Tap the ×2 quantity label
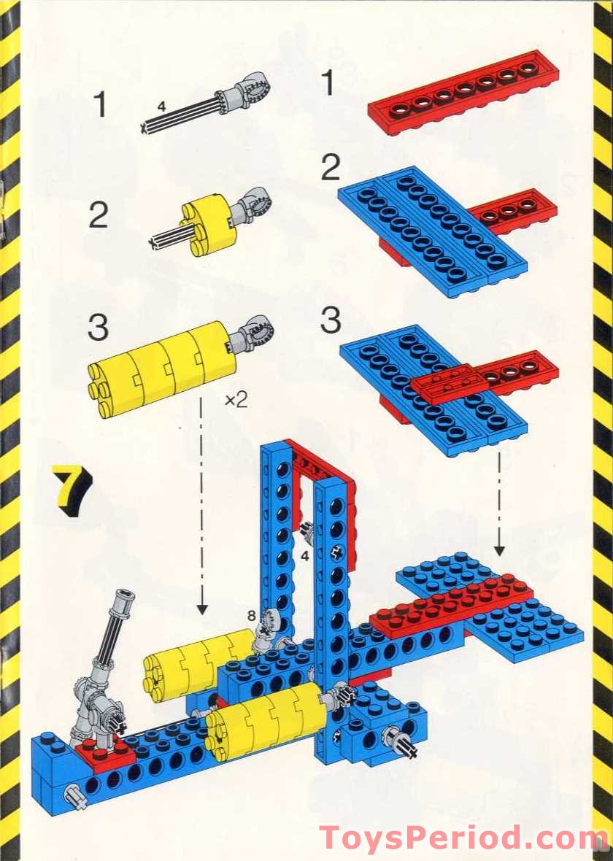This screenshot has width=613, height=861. click(x=236, y=399)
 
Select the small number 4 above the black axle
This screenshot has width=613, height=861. click(x=161, y=107)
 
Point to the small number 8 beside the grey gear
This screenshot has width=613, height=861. click(x=251, y=616)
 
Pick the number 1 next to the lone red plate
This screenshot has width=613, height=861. click(x=328, y=83)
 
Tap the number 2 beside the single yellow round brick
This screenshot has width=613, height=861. click(x=98, y=215)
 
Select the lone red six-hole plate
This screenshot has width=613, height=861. click(x=463, y=93)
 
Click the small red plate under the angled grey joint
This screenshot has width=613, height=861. click(x=103, y=752)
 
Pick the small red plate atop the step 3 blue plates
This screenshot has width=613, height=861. click(x=447, y=382)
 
